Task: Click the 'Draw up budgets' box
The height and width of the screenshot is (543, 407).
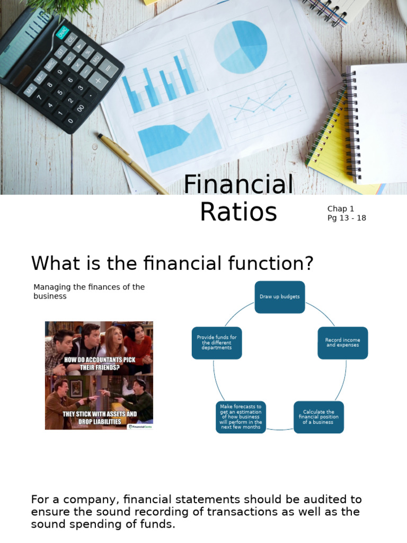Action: point(280,297)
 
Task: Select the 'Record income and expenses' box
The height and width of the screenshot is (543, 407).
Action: point(342,343)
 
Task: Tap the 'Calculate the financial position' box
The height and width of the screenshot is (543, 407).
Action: point(318,417)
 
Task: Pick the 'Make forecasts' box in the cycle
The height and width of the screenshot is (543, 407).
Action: point(241,417)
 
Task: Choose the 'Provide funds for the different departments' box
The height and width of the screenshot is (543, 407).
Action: point(217,343)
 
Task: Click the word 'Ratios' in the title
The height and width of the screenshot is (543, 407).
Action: point(238,212)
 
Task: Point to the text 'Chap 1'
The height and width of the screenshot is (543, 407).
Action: point(341,209)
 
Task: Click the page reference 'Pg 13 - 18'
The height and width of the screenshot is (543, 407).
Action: point(347,218)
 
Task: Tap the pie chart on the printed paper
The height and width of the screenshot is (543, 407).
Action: point(241,47)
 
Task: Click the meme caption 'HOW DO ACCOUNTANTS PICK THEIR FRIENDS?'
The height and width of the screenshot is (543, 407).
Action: point(99,363)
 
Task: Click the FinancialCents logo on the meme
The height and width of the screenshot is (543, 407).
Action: point(140,425)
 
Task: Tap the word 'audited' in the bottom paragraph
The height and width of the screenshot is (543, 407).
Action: point(307,500)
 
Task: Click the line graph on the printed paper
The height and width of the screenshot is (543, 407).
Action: point(260,103)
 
